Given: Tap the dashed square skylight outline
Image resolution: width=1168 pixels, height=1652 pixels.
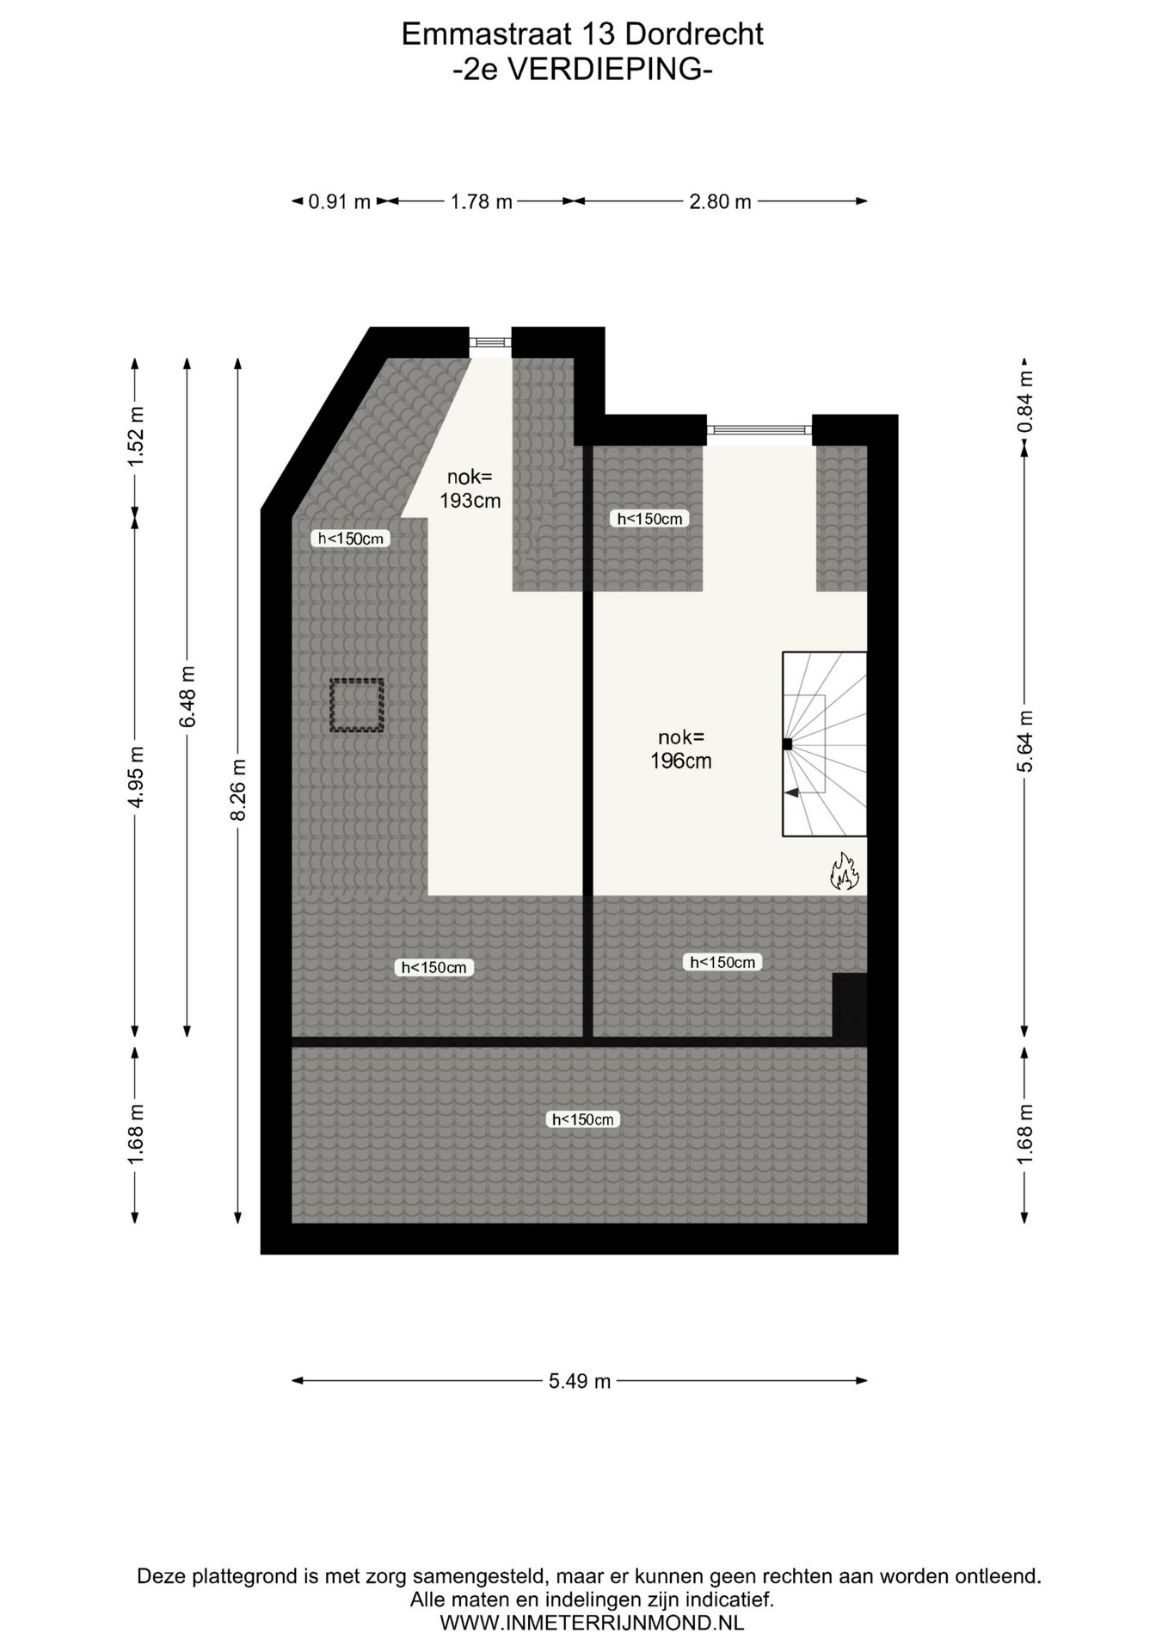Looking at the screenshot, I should pos(356,706).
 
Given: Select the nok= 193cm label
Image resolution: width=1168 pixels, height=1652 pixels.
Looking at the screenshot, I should pos(470,489).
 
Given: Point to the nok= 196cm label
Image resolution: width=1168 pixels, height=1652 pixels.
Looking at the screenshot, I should pos(680,749).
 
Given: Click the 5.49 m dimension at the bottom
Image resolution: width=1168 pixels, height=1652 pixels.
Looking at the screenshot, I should pos(580,1381).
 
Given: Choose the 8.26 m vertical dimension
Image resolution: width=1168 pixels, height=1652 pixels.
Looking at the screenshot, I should pos(239,789).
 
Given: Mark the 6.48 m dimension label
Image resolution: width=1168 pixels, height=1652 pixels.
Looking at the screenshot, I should pos(187,696).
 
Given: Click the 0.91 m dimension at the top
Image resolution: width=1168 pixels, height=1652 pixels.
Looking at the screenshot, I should pos(339,202).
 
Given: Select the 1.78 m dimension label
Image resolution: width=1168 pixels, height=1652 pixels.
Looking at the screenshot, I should pos(482,202).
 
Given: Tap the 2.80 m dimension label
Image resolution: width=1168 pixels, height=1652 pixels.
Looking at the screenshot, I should pos(720,202).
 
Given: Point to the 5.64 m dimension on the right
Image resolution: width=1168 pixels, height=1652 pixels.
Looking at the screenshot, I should pos(1024,741).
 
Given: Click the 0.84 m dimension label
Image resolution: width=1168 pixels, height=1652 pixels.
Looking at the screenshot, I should pos(1024,401).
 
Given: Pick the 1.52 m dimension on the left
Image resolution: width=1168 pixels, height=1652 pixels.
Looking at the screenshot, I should pos(135,435).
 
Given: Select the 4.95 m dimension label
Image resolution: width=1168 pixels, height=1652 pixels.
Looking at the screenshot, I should pos(135,778).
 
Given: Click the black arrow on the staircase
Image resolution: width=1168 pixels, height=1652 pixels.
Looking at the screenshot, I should pos(792,792).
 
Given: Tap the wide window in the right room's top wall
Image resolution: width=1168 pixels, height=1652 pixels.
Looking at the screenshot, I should pos(759,429).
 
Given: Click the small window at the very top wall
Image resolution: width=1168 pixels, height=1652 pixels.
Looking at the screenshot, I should pos(490,342).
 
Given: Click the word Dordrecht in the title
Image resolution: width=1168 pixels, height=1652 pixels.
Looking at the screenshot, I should pos(694,34).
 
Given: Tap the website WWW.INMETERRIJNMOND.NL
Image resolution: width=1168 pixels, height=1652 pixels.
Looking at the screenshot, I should pos(592,1623).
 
